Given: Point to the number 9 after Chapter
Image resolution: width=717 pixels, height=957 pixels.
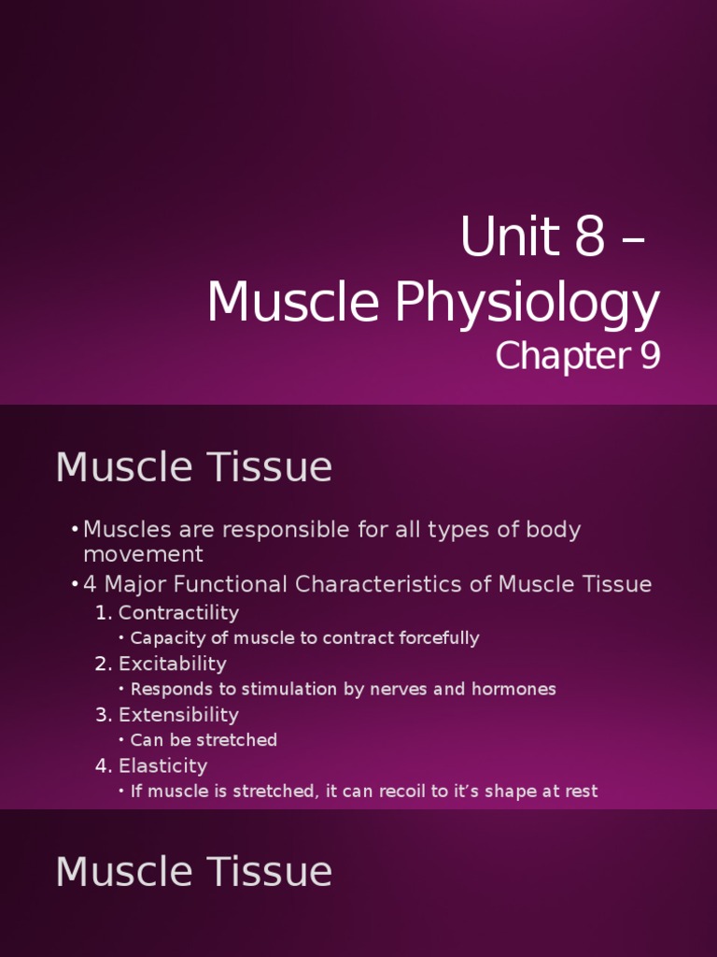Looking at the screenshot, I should (649, 356).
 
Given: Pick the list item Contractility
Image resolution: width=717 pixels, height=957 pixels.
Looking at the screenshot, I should (178, 613).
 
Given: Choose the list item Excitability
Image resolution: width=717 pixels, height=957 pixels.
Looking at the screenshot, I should (172, 664).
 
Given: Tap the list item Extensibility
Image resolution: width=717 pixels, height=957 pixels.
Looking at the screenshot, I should (178, 715).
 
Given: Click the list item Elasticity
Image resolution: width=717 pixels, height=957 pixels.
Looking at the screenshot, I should (162, 765).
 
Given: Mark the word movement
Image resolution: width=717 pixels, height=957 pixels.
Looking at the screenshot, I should (144, 554).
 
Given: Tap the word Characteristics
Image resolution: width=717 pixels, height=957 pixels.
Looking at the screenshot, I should (393, 585).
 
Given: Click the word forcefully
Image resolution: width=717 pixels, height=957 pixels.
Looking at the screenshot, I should (436, 638).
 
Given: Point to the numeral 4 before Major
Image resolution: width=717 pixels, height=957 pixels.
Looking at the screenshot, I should (91, 585).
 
